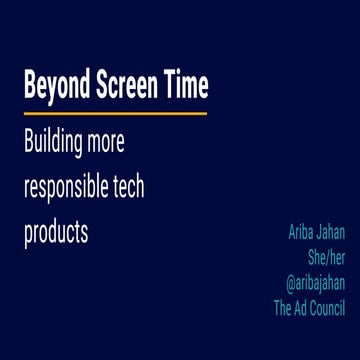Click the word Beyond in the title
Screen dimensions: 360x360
point(51,88)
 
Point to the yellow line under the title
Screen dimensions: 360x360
point(115,113)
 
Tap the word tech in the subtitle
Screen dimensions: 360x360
point(128,188)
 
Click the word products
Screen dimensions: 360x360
point(56,232)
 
